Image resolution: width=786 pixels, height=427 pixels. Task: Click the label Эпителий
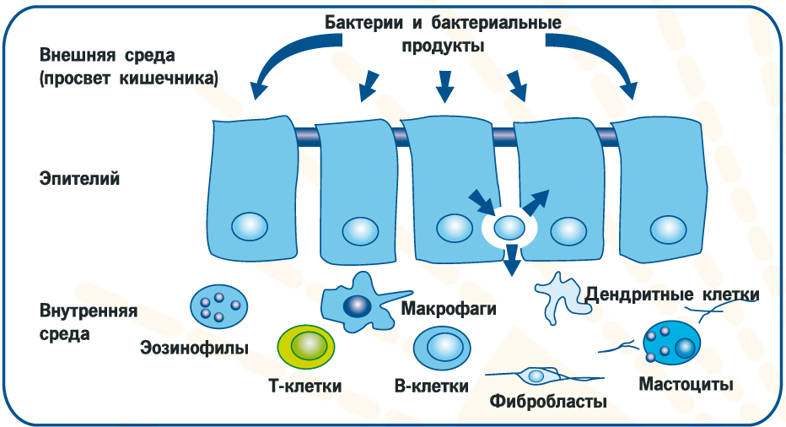79,179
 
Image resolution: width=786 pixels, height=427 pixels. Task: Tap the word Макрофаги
448,308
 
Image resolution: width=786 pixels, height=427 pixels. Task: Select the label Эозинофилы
195,347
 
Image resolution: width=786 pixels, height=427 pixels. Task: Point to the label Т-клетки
304,386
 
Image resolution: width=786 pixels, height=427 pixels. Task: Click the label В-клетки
431,386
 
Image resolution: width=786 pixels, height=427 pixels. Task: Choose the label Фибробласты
548,401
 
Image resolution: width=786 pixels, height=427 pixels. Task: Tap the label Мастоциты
685,385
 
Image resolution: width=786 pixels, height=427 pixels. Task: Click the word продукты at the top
441,46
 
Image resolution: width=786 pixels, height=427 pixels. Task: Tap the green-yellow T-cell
306,345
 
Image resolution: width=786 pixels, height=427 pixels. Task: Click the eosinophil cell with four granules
218,306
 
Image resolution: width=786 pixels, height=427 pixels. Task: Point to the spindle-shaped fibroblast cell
536,375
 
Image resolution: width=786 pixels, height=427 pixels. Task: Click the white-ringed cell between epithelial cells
509,226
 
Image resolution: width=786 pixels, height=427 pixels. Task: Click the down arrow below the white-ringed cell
509,262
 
